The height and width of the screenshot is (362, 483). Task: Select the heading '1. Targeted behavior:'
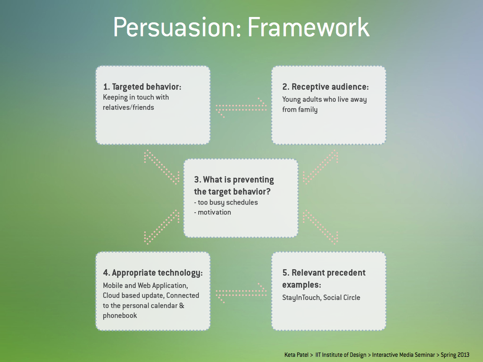tap(142, 87)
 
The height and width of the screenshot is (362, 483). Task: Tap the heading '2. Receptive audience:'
tap(325, 87)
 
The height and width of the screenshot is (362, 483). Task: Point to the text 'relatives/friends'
tap(128, 107)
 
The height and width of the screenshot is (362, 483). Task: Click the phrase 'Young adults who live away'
tap(324, 99)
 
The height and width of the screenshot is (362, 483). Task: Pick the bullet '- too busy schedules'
tap(226, 202)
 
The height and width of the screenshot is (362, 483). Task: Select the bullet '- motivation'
tap(213, 212)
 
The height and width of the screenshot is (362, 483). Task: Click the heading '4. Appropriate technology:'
tap(153, 273)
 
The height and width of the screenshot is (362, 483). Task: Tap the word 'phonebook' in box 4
tap(120, 315)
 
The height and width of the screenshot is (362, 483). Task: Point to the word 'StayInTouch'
tap(300, 297)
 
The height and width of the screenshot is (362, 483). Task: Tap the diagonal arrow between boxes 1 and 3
tap(161, 166)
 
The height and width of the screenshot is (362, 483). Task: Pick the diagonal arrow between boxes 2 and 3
tap(321, 166)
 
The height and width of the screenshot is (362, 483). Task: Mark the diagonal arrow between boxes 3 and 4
tap(161, 227)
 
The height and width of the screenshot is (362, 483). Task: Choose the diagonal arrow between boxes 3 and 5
tap(321, 227)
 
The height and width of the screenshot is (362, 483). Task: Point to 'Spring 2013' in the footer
tap(455, 355)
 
